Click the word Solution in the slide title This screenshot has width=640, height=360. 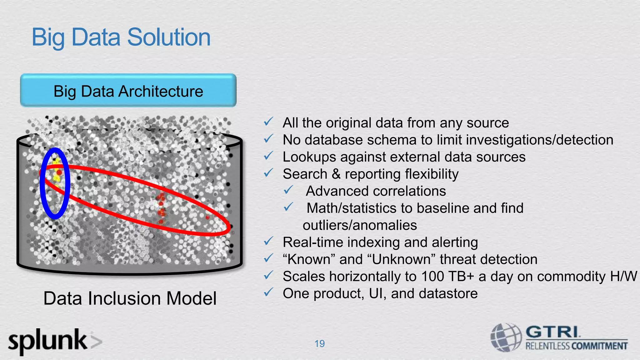[x=169, y=37]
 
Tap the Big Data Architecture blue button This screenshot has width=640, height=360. [x=128, y=91]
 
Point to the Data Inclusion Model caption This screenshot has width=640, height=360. [x=130, y=298]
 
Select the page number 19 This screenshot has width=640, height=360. [x=319, y=343]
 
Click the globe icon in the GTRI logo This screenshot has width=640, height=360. [x=505, y=337]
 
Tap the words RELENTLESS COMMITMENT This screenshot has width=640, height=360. [x=576, y=346]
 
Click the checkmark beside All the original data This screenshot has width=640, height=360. [x=268, y=122]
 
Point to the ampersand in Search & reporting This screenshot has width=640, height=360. [x=336, y=174]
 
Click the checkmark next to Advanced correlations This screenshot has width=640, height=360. [x=288, y=190]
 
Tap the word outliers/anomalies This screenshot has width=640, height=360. [x=360, y=225]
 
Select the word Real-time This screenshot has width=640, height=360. [x=308, y=242]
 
